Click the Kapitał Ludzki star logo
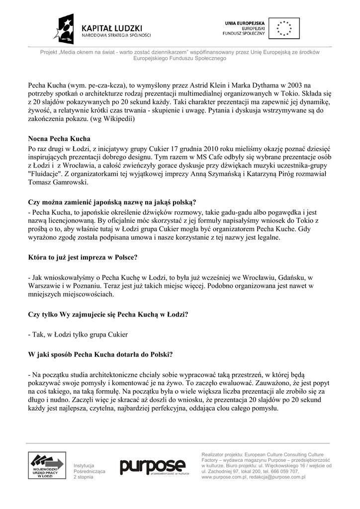(67, 29)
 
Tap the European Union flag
(284, 28)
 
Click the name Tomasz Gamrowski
(58, 182)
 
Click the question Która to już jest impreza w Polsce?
(83, 257)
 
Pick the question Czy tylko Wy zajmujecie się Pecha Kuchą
(108, 314)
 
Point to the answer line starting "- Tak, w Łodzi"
(78, 335)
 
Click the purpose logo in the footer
(152, 466)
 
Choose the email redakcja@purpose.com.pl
(281, 477)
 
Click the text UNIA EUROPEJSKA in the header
(245, 23)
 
